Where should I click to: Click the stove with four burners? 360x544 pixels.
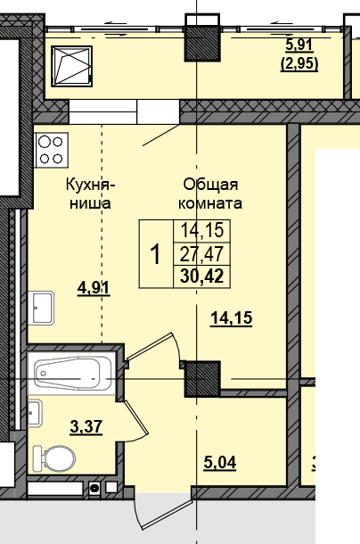point(52,150)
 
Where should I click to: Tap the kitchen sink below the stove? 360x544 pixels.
point(41,308)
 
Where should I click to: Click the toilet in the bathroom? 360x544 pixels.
point(54,458)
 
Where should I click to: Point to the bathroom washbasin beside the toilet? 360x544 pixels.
point(35,413)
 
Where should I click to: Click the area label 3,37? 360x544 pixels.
point(86,427)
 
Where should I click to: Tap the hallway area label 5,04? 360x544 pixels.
point(220,463)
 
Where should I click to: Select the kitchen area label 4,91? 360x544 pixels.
point(94,288)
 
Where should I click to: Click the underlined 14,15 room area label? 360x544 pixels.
point(232,318)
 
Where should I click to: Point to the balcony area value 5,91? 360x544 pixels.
point(299,45)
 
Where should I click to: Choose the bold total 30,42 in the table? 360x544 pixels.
point(202,276)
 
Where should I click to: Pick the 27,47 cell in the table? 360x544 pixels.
point(201,253)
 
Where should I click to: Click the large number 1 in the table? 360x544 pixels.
point(156,254)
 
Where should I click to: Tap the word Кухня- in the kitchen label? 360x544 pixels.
point(90,185)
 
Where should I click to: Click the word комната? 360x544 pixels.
point(210,203)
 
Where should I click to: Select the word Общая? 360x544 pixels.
point(210,185)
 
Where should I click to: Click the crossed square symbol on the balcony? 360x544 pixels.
point(72,66)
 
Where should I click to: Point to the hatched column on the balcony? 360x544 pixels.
point(202,43)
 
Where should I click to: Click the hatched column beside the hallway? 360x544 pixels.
point(203,378)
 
